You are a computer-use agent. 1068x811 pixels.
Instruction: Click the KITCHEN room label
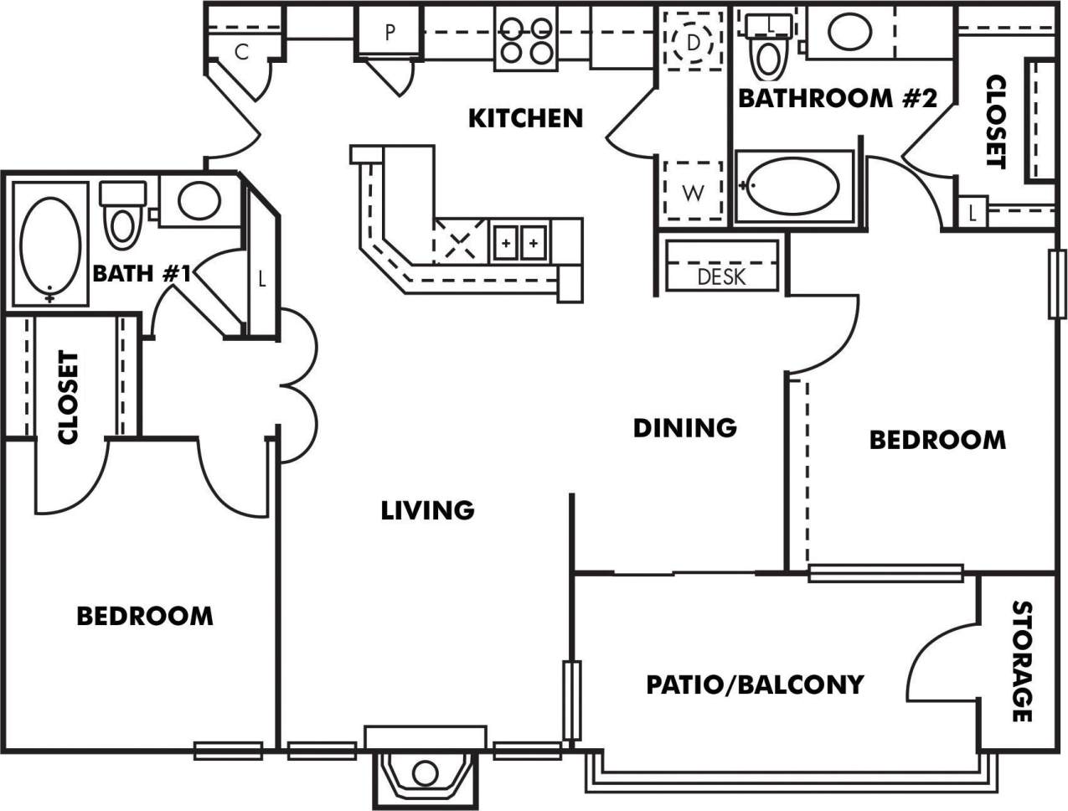(x=524, y=118)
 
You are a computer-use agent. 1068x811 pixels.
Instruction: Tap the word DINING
(x=684, y=427)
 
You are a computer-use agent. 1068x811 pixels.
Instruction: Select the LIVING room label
(x=427, y=509)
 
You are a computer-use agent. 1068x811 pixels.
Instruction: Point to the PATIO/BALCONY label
(x=754, y=684)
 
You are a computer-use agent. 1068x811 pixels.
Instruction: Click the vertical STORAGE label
(x=1021, y=661)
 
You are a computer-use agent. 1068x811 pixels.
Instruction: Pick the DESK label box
(x=721, y=276)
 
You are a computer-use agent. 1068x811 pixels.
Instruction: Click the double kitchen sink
(x=519, y=243)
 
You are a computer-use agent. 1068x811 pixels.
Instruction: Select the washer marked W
(x=693, y=193)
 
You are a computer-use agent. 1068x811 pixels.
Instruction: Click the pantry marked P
(x=390, y=34)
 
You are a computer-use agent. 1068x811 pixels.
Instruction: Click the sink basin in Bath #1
(x=199, y=200)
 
